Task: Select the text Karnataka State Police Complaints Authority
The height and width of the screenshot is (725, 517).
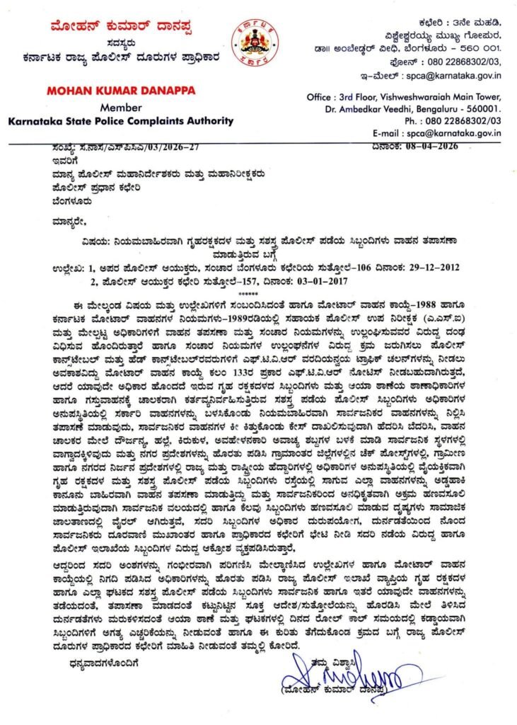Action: (106, 120)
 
